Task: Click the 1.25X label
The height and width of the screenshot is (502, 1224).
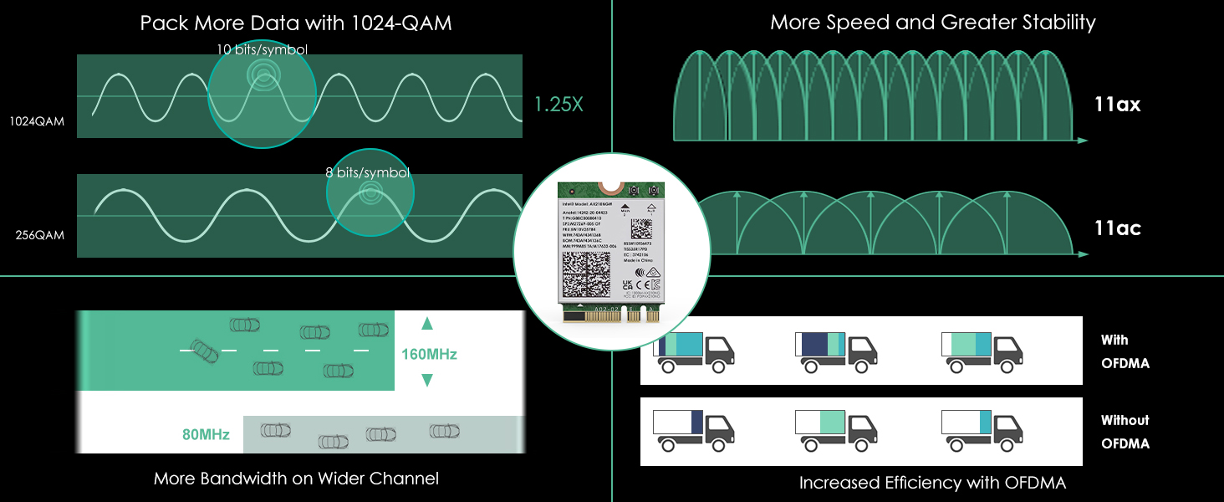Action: coord(558,105)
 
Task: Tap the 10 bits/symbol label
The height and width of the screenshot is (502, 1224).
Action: coord(262,49)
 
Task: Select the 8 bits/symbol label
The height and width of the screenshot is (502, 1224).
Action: coord(368,172)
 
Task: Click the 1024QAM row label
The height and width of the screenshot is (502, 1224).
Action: coord(37,121)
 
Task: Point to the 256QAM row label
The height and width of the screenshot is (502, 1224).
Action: coord(39,235)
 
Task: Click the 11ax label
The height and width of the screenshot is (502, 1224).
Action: coord(1117,105)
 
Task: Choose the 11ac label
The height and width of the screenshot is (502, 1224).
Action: coord(1117,228)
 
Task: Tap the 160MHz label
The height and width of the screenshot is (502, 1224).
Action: coord(429,354)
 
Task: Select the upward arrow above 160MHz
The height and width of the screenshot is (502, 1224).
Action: coord(427,323)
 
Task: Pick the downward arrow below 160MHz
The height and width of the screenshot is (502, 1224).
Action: coord(427,381)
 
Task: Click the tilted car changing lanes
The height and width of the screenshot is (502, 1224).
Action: coord(204,351)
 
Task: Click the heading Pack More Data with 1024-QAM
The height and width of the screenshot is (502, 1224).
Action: coord(296,23)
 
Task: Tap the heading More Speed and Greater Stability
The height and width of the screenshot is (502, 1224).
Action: coord(932,22)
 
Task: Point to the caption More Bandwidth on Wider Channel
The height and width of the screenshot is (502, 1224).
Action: coord(296,479)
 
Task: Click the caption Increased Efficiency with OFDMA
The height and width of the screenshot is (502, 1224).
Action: coord(932,483)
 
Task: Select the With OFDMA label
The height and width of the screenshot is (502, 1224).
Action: coord(1125,351)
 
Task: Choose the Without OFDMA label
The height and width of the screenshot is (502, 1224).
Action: coord(1125,432)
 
